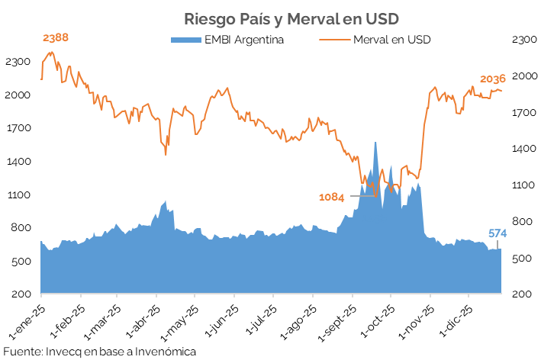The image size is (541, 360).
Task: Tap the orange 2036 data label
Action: (493, 79)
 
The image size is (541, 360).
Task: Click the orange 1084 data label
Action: (332, 198)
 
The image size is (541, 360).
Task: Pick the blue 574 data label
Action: (498, 233)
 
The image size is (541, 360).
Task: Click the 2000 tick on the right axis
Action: (523, 76)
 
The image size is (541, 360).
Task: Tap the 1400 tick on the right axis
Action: (523, 149)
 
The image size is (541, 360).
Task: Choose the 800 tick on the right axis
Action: (523, 222)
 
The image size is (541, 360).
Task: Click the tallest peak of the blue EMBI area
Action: (375, 143)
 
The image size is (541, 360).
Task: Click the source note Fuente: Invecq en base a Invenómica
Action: (99, 352)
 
